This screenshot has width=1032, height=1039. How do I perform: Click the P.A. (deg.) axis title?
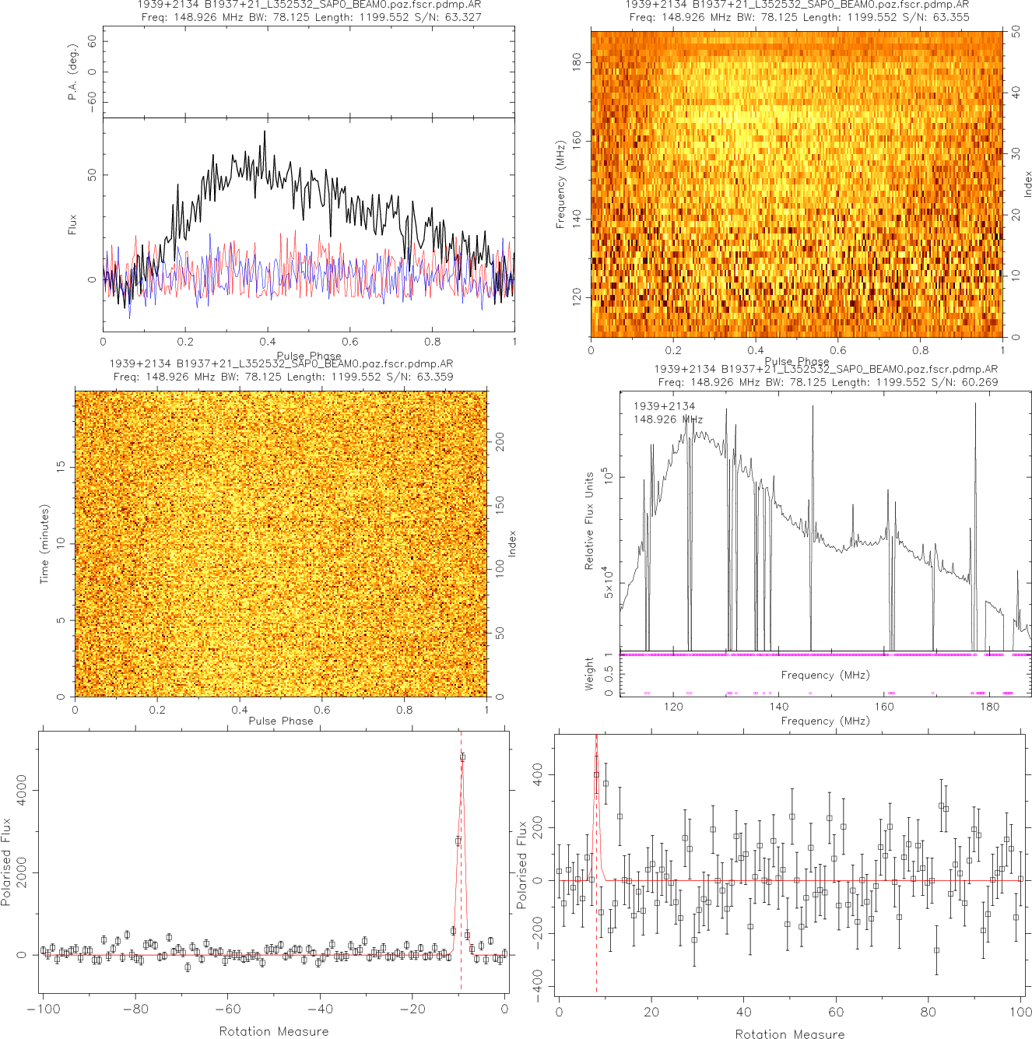pos(72,72)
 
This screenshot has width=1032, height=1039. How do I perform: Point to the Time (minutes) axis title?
pos(44,543)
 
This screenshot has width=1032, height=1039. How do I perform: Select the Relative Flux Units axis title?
pos(589,520)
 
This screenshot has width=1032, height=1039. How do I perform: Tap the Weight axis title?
pos(589,673)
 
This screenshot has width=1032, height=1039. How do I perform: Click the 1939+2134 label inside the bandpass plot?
pos(664,406)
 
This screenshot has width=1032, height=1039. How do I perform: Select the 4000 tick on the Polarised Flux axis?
pos(21,789)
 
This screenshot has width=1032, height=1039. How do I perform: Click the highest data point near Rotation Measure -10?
pos(462,756)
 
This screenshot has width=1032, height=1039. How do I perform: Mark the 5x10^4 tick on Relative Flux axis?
pos(609,583)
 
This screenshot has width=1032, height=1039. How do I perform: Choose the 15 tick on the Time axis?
pos(61,466)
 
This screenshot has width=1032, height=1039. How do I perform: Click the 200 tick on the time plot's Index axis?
pos(500,442)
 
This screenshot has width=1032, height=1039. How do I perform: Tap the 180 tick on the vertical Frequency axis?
pos(577,62)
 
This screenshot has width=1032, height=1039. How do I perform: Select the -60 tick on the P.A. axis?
pos(93,101)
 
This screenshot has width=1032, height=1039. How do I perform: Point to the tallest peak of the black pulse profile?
pos(265,132)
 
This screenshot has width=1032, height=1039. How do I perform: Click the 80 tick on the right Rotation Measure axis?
pos(928,1012)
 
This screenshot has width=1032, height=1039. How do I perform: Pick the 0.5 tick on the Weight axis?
pos(609,673)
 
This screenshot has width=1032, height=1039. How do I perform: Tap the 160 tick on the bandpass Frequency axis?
pos(884,707)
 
